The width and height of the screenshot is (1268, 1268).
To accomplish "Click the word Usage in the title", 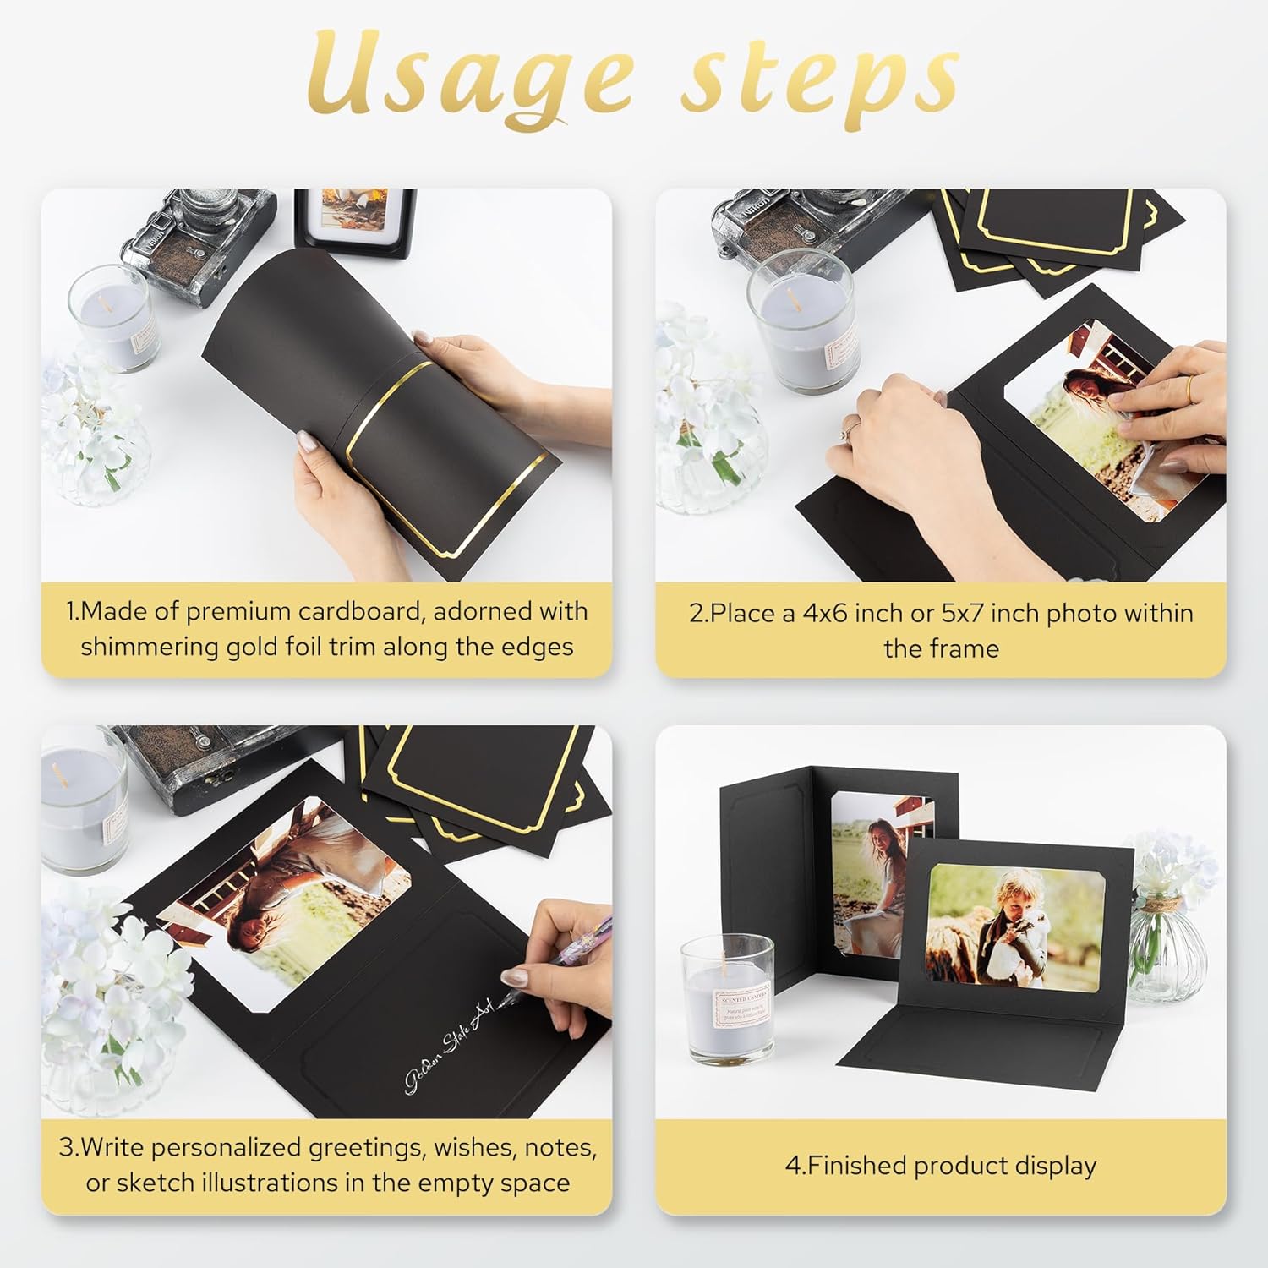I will tap(469, 80).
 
